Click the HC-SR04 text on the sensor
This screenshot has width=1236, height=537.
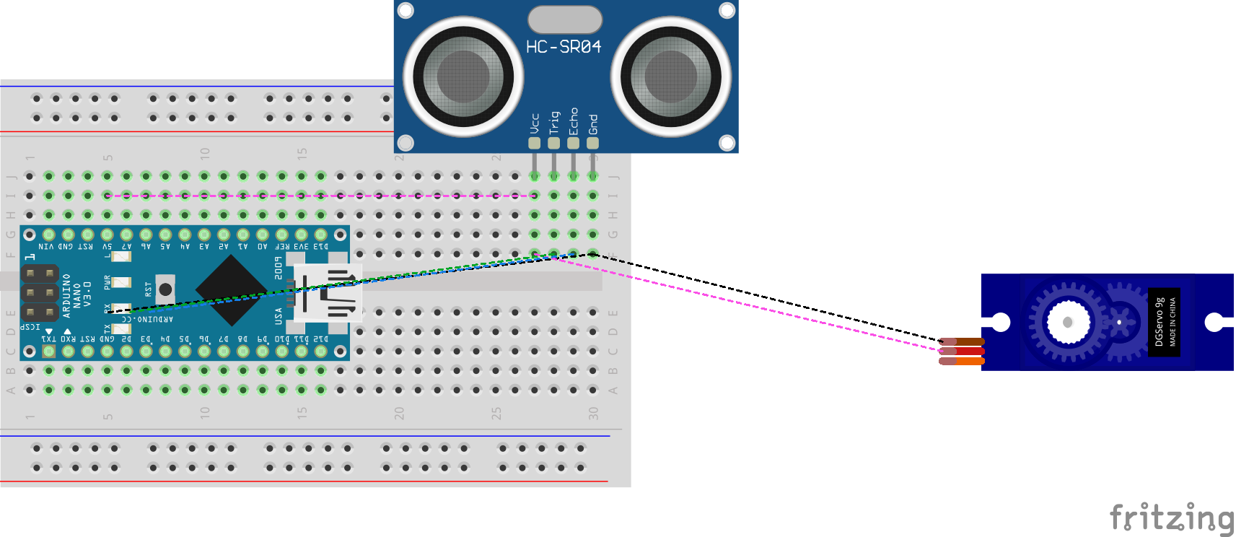pos(564,47)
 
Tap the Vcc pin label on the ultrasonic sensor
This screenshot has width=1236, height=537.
pos(535,123)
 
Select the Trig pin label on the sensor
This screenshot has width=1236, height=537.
pos(554,122)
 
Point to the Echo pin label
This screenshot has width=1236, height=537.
pos(574,121)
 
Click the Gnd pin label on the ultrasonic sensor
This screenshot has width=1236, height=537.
pos(593,124)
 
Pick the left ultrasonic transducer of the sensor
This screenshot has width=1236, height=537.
pos(463,77)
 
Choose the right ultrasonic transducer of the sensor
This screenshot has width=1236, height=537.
pos(671,77)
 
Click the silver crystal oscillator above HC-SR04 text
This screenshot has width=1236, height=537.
pos(565,19)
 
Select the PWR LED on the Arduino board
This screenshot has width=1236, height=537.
pos(120,282)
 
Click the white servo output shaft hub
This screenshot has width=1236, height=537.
pos(1067,322)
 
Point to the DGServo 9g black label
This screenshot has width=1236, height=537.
pos(1164,322)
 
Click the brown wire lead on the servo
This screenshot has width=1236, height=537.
pos(963,341)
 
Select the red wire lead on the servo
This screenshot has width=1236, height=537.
pos(963,352)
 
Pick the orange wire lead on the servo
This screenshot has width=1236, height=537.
pos(963,361)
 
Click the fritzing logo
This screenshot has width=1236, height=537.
pos(1171,518)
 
